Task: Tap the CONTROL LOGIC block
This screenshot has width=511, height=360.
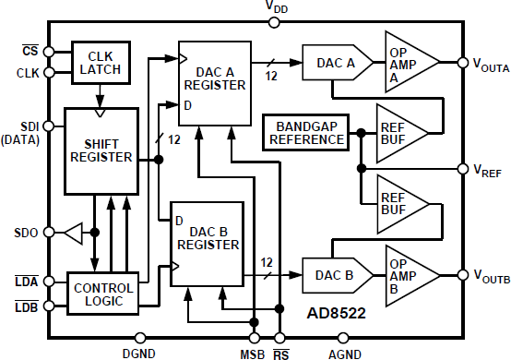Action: point(101,294)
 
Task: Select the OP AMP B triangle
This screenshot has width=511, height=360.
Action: point(405,274)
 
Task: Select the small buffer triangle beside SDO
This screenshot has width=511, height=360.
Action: point(72,234)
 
